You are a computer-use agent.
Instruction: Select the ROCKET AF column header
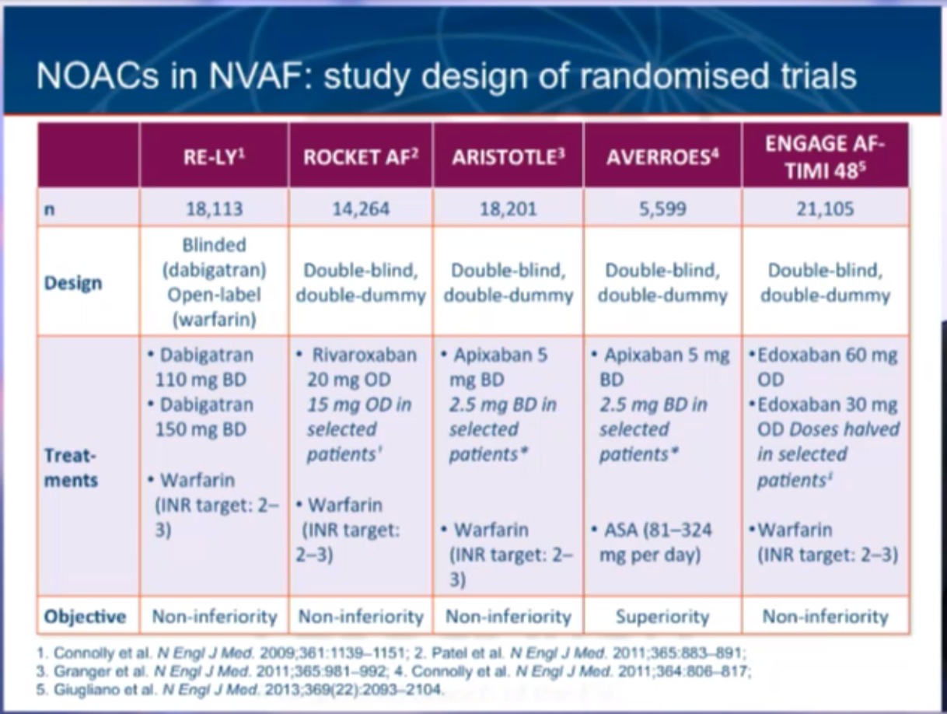pyautogui.click(x=360, y=154)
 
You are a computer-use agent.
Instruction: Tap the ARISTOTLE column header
pyautogui.click(x=509, y=154)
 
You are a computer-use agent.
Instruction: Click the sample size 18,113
pyautogui.click(x=215, y=208)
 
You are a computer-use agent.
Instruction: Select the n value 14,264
pyautogui.click(x=360, y=208)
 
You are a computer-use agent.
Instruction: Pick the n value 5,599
pyautogui.click(x=663, y=208)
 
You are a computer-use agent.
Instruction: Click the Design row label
pyautogui.click(x=73, y=282)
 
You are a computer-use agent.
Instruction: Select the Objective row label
pyautogui.click(x=85, y=617)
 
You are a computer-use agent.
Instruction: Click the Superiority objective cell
pyautogui.click(x=662, y=617)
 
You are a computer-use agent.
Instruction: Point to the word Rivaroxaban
pyautogui.click(x=364, y=355)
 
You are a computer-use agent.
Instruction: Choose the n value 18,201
pyautogui.click(x=509, y=208)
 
